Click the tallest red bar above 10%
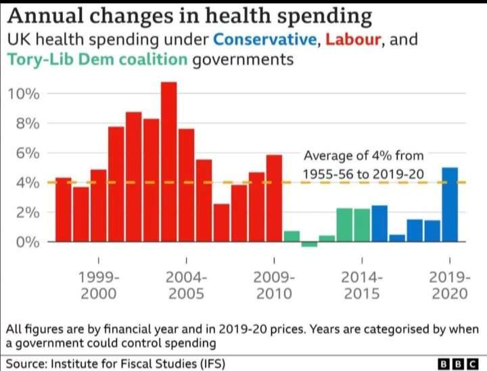point(168,161)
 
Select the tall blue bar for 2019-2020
point(450,204)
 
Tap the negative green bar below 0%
point(309,244)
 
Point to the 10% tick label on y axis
point(24,93)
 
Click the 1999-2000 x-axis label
point(98,285)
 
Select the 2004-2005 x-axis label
point(186,285)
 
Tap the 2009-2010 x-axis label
point(274,285)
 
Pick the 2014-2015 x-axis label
point(362,285)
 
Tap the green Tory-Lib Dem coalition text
point(97,60)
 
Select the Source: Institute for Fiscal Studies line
point(115,363)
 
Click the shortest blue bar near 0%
point(397,238)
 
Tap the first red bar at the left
point(63,209)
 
